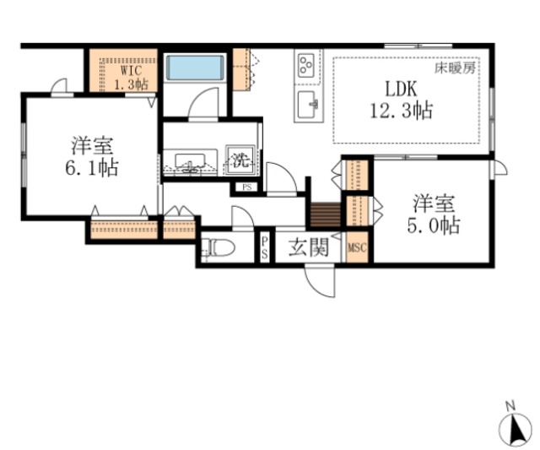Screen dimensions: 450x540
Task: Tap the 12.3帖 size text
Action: tap(400, 110)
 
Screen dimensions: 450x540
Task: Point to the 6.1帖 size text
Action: tap(91, 167)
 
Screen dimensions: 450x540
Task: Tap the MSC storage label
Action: tap(356, 248)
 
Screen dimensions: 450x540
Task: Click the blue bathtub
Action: tap(194, 68)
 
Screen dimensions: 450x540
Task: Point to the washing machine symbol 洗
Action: tap(241, 159)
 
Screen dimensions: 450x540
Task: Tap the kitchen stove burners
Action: tap(305, 63)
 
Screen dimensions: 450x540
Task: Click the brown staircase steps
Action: tap(323, 214)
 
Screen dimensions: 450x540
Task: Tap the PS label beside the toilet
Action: tap(264, 248)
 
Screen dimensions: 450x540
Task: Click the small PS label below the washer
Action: tap(246, 187)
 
